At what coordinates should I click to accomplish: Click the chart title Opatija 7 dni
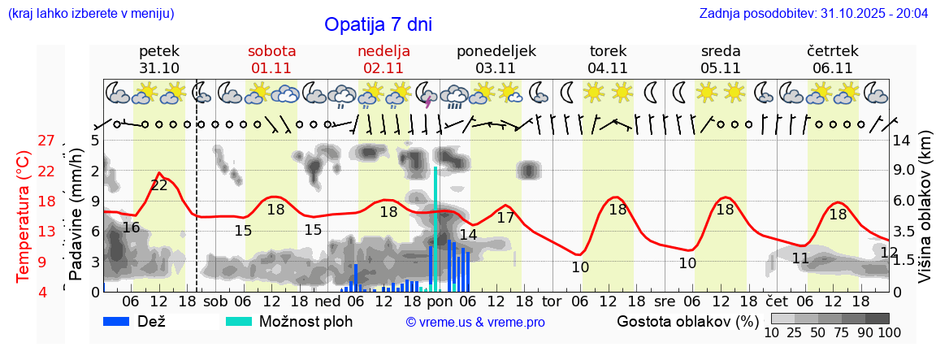pyautogui.click(x=378, y=24)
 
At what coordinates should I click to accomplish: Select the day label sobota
pyautogui.click(x=271, y=51)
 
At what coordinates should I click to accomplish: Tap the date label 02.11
pyautogui.click(x=383, y=68)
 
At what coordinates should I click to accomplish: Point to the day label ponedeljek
pyautogui.click(x=496, y=51)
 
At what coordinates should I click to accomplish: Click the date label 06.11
pyautogui.click(x=832, y=68)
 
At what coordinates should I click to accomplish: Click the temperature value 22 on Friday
pyautogui.click(x=159, y=185)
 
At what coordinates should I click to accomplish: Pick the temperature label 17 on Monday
pyautogui.click(x=505, y=218)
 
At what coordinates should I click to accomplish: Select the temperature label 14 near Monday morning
pyautogui.click(x=468, y=235)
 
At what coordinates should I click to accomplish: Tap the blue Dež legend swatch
pyautogui.click(x=122, y=321)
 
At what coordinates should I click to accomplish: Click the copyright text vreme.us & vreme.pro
pyautogui.click(x=475, y=323)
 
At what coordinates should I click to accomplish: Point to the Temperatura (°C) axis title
pyautogui.click(x=24, y=215)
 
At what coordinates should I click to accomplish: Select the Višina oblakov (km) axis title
pyautogui.click(x=925, y=215)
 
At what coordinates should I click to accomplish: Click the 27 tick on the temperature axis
pyautogui.click(x=46, y=141)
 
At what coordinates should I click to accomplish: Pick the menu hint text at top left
pyautogui.click(x=90, y=14)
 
